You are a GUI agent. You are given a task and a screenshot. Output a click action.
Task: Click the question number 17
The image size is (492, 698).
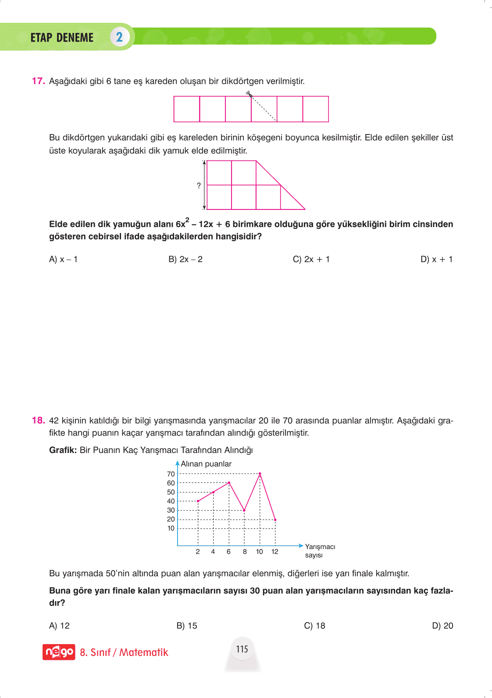[38, 81]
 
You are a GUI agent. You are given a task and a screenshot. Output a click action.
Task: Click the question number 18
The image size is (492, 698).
[38, 421]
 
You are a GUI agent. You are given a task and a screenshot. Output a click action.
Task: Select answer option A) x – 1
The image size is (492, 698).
[63, 259]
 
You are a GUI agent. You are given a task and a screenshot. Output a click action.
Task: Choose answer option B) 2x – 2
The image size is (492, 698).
[185, 259]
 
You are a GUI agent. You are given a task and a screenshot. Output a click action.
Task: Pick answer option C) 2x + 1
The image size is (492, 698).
[311, 259]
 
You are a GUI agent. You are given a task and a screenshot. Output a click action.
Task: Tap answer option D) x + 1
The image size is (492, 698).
[437, 259]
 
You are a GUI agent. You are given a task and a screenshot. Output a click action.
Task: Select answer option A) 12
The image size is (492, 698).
[59, 626]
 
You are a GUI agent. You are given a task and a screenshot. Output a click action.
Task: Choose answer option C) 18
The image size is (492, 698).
[315, 626]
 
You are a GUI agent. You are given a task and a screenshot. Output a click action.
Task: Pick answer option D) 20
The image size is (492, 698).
[442, 626]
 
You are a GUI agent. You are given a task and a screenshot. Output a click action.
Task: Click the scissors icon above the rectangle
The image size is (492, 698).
[249, 93]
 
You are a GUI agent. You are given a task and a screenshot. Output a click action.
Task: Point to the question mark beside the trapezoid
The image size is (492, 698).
[199, 186]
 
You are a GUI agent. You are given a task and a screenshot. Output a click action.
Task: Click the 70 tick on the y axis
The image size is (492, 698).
[171, 474]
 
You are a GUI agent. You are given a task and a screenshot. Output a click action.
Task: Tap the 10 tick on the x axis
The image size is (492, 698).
[260, 552]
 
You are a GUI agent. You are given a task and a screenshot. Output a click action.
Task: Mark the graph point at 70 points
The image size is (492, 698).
[260, 474]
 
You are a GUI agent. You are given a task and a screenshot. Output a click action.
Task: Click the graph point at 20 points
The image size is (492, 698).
[275, 520]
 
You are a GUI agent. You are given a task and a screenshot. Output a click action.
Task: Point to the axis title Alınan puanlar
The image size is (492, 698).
[206, 464]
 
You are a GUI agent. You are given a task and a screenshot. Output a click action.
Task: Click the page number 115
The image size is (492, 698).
[242, 649]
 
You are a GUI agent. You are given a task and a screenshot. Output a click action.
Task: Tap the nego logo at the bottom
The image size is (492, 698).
[59, 652]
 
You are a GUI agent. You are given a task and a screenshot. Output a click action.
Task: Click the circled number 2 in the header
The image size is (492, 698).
[119, 37]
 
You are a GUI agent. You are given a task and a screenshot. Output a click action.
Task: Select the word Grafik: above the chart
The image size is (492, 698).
[63, 450]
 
